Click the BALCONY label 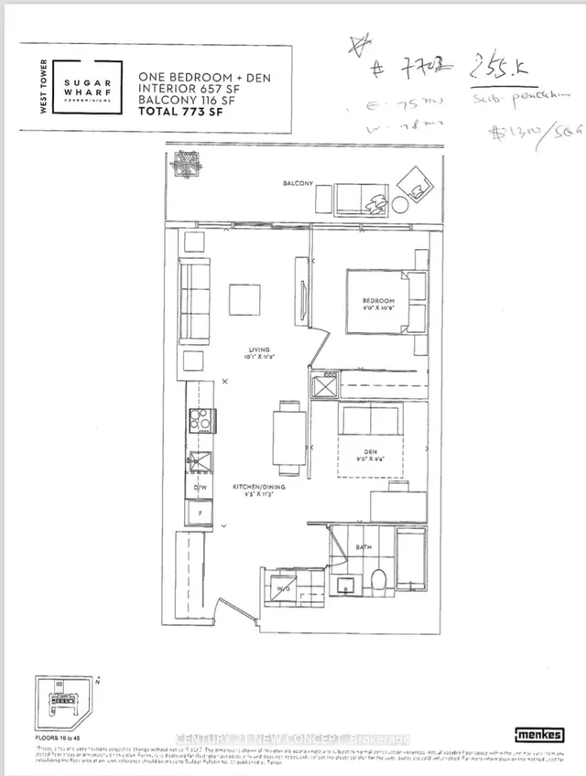coord(298,184)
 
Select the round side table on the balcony coord(400,204)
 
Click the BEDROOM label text coord(377,301)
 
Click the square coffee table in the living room coord(244,299)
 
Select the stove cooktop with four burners coord(201,419)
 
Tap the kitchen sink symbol coord(201,462)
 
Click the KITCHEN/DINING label coord(258,487)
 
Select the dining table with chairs coord(288,438)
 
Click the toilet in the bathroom coord(378,582)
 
